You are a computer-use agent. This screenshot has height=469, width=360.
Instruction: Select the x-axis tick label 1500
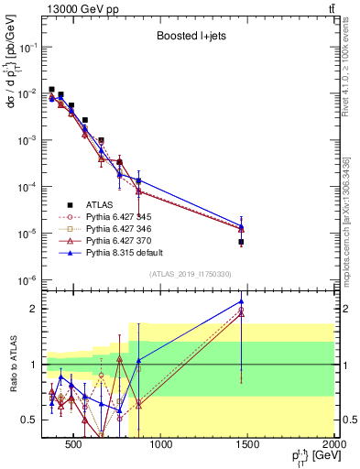[x=247, y=445]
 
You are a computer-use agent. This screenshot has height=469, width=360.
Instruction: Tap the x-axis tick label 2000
[x=333, y=445]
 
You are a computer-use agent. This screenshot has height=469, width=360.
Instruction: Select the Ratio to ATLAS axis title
[x=12, y=364]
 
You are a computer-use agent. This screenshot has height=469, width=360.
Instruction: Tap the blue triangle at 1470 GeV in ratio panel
[x=241, y=301]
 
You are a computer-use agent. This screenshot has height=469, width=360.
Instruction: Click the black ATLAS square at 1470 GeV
[x=241, y=242]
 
